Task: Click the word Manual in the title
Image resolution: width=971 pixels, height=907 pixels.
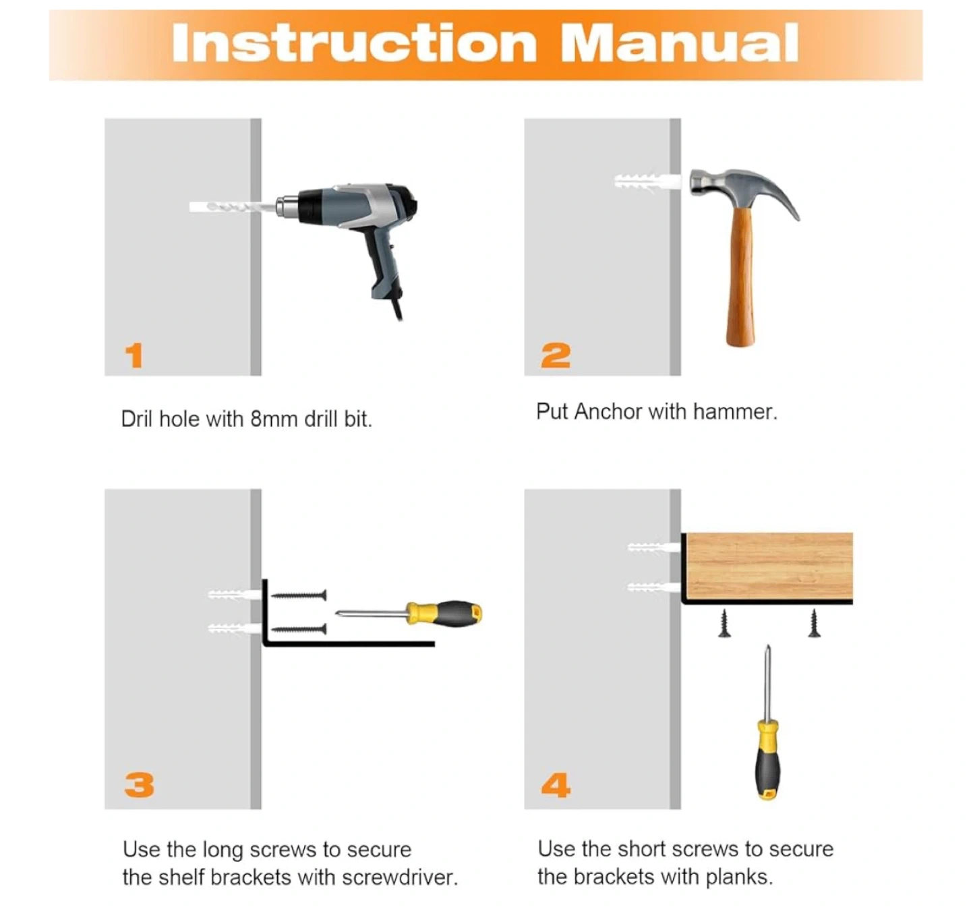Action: point(680,43)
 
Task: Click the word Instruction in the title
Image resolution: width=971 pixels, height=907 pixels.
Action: point(355,43)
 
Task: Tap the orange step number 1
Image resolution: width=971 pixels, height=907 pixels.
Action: point(134,355)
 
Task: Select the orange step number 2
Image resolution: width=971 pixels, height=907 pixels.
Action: point(556,355)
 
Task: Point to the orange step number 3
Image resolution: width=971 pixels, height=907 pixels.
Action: point(140,785)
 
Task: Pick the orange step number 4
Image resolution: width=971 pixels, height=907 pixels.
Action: point(556,785)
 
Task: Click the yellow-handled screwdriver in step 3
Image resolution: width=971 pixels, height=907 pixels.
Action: point(409,614)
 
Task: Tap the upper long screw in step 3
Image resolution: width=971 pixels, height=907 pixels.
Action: point(299,595)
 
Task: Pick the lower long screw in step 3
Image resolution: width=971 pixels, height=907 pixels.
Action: point(299,628)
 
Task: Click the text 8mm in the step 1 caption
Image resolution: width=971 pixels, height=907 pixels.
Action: point(274,419)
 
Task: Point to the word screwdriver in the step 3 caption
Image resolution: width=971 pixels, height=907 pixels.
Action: point(400,877)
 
